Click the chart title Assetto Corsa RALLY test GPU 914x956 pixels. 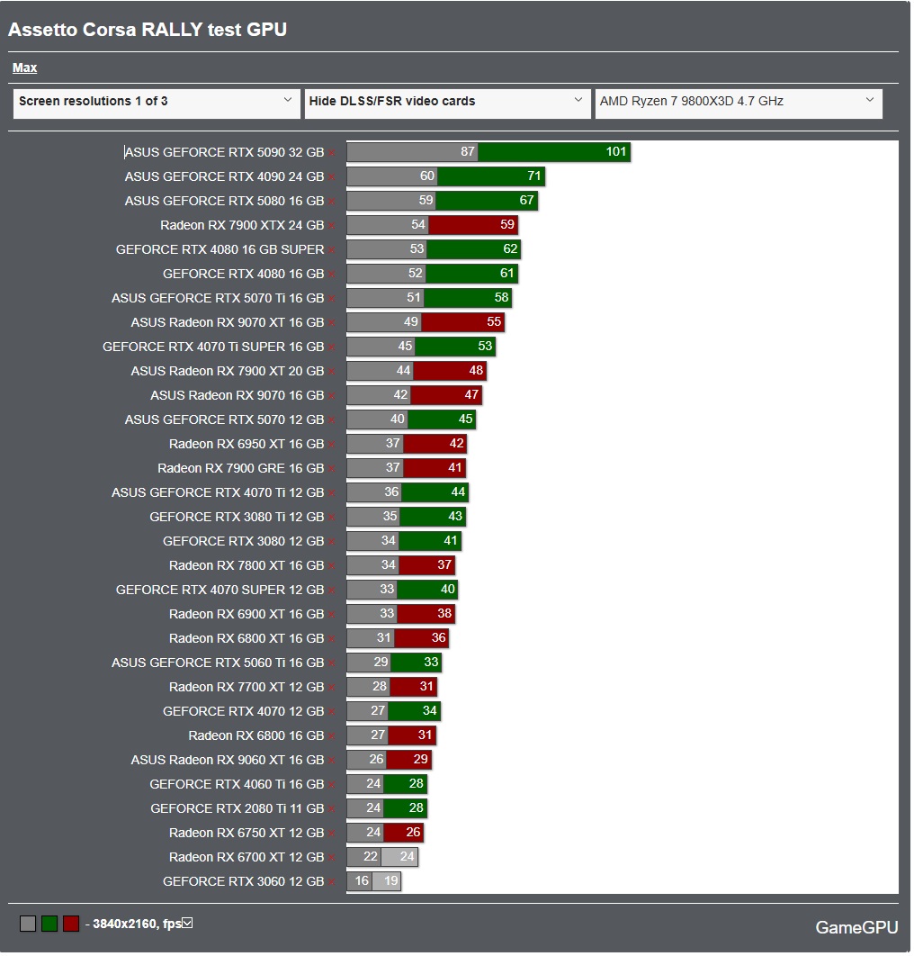pos(148,30)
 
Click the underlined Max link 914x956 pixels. pos(24,68)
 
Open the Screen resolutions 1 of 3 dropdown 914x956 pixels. pos(157,102)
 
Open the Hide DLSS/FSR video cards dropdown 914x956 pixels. pos(447,102)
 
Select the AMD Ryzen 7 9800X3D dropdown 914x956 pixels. pos(737,102)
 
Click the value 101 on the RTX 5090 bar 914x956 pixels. pos(616,152)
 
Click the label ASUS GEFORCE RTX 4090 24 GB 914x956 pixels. pos(224,176)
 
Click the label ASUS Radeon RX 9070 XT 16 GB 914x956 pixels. pos(227,322)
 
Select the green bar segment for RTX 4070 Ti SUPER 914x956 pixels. pos(454,347)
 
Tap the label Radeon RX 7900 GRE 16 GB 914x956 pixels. pos(240,468)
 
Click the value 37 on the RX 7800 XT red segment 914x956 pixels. pos(444,565)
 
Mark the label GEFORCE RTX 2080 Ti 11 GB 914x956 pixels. pos(237,808)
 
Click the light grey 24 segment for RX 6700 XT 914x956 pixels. pos(400,857)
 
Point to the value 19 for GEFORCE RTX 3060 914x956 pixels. pos(391,881)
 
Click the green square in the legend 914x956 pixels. pos(49,924)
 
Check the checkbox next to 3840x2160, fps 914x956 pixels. pos(187,924)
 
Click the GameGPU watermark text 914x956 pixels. pos(856,927)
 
